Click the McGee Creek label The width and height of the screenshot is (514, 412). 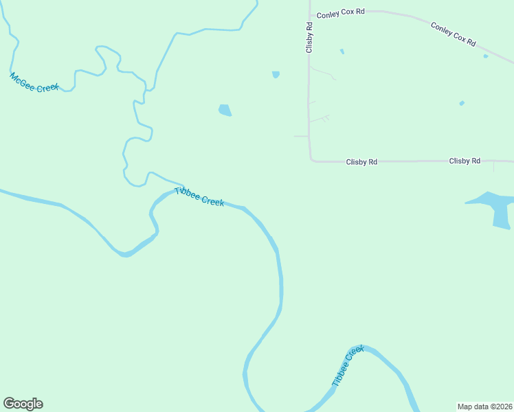[x=34, y=82]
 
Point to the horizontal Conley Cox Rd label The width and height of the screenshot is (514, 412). [x=341, y=13]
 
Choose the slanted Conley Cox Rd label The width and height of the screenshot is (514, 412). [x=454, y=34]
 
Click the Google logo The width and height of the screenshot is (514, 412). [x=23, y=404]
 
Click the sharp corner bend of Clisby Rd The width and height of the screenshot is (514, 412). [x=311, y=160]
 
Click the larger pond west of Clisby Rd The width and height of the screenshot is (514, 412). [x=225, y=110]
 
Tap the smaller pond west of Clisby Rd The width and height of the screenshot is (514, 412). [x=276, y=74]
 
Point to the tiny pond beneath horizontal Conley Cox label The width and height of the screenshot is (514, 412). [x=342, y=51]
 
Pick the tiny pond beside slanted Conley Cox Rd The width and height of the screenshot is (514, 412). [x=486, y=56]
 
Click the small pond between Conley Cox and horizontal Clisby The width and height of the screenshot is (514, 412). [x=462, y=104]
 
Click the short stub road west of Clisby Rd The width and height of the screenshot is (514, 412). [x=301, y=136]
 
